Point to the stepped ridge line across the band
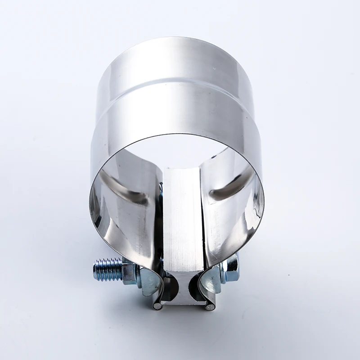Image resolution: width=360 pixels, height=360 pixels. (x=175, y=84)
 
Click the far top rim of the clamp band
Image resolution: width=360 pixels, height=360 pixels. (x=175, y=39)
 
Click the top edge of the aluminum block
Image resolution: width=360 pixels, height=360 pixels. (x=182, y=170)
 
